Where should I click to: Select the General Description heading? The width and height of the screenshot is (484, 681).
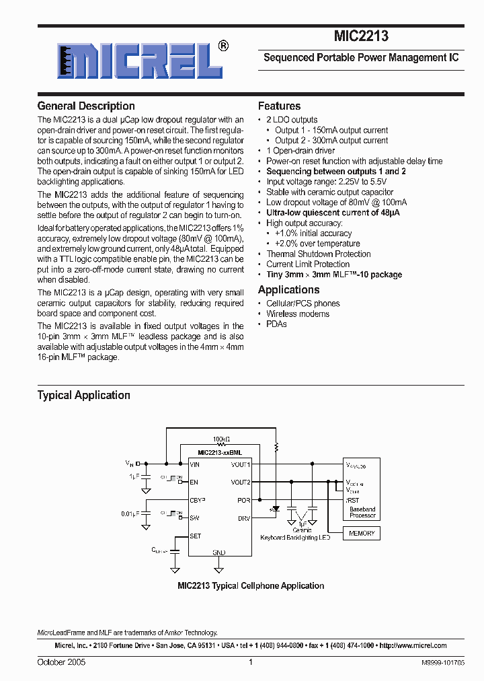pyautogui.click(x=86, y=106)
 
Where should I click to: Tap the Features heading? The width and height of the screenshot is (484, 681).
pyautogui.click(x=279, y=106)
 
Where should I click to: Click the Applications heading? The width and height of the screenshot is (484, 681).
pyautogui.click(x=288, y=289)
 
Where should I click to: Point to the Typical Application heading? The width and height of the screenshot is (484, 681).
pyautogui.click(x=83, y=395)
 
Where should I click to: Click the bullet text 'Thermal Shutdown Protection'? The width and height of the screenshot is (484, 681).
pyautogui.click(x=318, y=254)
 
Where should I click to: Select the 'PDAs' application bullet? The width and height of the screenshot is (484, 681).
pyautogui.click(x=276, y=324)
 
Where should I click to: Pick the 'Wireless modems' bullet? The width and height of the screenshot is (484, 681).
pyautogui.click(x=298, y=314)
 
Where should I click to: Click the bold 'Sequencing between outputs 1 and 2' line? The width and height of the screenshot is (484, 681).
pyautogui.click(x=336, y=171)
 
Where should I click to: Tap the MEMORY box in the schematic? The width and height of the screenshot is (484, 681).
pyautogui.click(x=362, y=533)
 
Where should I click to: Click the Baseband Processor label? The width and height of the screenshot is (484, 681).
pyautogui.click(x=362, y=512)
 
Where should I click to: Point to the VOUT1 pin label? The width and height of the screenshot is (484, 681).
pyautogui.click(x=240, y=464)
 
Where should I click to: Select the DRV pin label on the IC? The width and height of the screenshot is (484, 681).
pyautogui.click(x=243, y=518)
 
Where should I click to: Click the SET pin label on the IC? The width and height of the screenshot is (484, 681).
pyautogui.click(x=196, y=536)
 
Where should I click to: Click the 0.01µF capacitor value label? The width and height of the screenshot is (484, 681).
pyautogui.click(x=131, y=513)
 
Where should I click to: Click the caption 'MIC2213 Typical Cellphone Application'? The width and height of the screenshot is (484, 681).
pyautogui.click(x=251, y=585)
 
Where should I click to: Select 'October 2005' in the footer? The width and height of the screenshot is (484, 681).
pyautogui.click(x=61, y=662)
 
